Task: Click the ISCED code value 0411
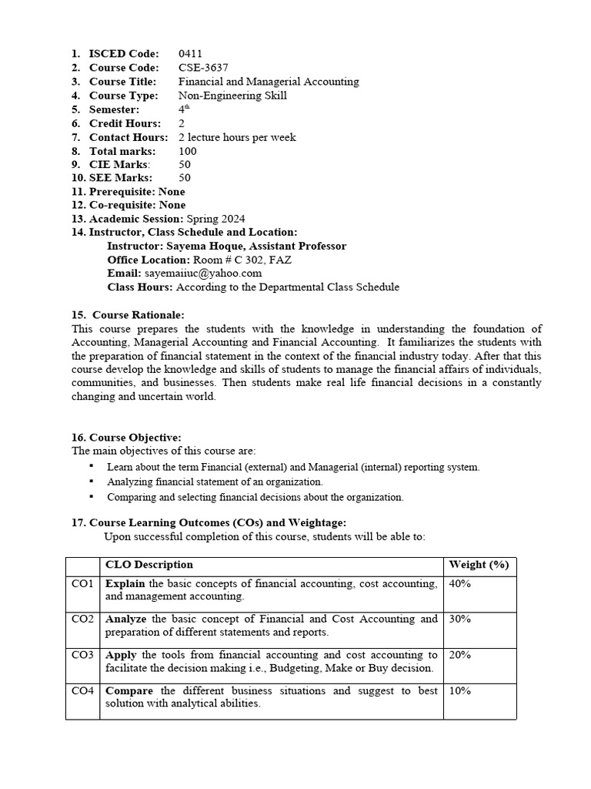[190, 54]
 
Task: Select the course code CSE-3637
[203, 68]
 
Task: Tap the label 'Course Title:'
[122, 82]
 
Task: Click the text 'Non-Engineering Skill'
[232, 96]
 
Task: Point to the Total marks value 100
[188, 151]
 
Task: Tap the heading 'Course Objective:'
[135, 438]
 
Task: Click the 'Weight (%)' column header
[479, 565]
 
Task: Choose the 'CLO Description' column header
[149, 565]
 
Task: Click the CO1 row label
[82, 584]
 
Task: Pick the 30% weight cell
[459, 619]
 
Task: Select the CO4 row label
[82, 691]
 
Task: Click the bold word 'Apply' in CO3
[121, 655]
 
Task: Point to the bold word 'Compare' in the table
[129, 691]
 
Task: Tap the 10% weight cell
[459, 691]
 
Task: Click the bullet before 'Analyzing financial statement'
[91, 482]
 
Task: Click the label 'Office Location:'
[149, 260]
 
